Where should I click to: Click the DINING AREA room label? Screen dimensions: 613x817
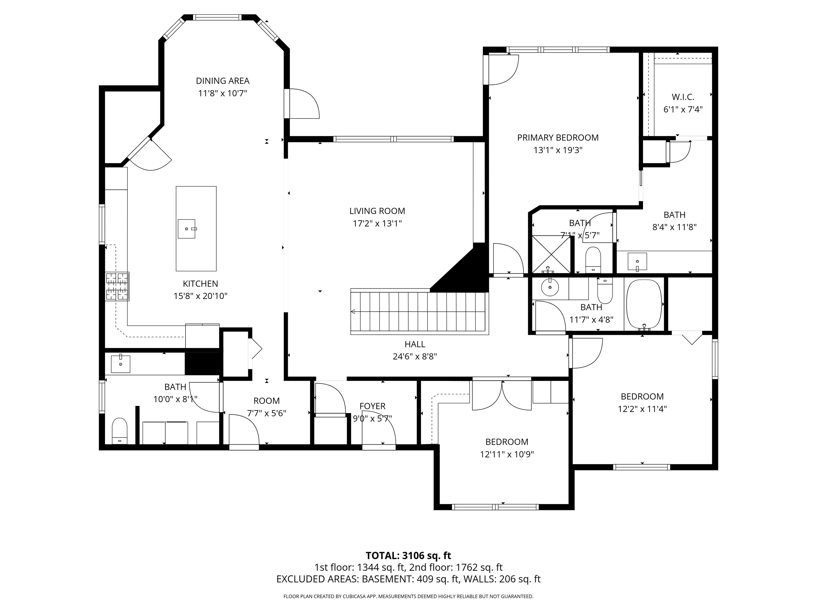point(222,81)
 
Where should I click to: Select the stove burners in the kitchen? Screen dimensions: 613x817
point(117,286)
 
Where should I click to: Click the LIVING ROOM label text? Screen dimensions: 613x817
point(377,211)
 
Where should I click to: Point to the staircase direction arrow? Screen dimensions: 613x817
point(353,312)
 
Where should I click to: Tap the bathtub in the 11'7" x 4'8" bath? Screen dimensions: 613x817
point(644,304)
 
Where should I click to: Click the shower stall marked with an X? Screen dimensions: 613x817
point(551,254)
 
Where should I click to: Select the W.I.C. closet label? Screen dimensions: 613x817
point(682,97)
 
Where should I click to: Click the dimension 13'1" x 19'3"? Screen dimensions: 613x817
point(558,150)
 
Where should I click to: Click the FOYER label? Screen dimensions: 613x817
point(372,406)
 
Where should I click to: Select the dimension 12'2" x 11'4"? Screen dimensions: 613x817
point(642,409)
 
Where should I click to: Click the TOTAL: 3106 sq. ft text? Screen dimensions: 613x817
point(408,555)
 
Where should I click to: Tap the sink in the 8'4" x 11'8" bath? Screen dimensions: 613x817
point(637,262)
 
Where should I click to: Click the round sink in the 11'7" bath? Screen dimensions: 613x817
point(550,287)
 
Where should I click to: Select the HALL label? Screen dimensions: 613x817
point(415,344)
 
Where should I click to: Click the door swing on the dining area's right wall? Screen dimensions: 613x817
point(304,104)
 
